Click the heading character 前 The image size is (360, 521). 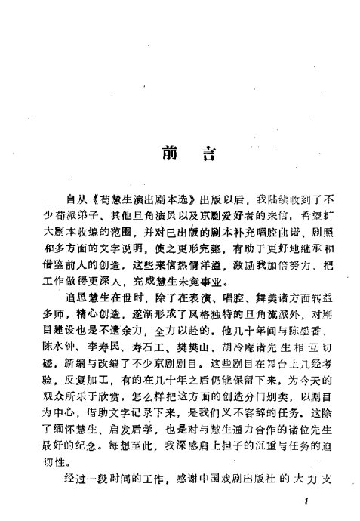[168, 154]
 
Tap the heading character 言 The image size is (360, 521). [205, 154]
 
